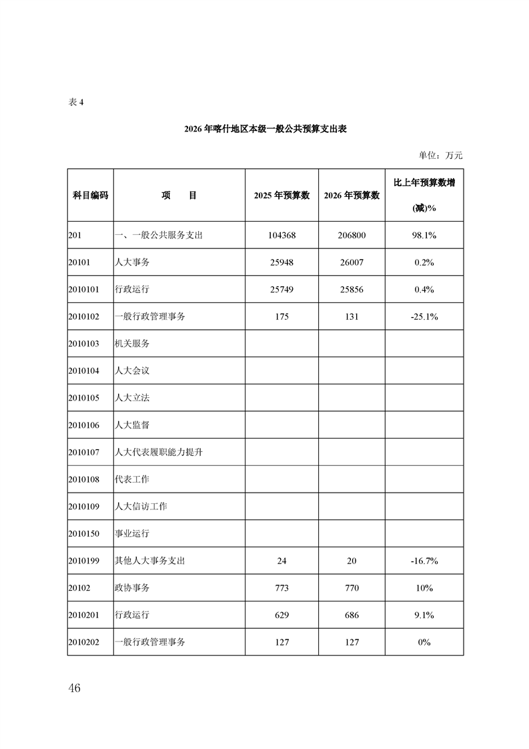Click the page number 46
(x=74, y=688)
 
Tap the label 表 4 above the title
(x=77, y=103)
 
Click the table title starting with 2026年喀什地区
(x=265, y=130)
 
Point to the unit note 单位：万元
(x=440, y=156)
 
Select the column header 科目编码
(x=90, y=195)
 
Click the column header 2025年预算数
(x=282, y=195)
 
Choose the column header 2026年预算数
(x=352, y=195)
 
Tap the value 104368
(x=282, y=236)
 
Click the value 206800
(x=352, y=236)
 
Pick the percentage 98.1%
(x=424, y=236)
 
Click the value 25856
(x=352, y=290)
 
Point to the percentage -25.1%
(x=424, y=317)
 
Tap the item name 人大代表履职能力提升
(x=159, y=453)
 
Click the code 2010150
(x=83, y=534)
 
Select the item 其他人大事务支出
(x=150, y=561)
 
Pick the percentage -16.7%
(x=424, y=561)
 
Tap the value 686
(x=352, y=615)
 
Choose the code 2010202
(x=83, y=642)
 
